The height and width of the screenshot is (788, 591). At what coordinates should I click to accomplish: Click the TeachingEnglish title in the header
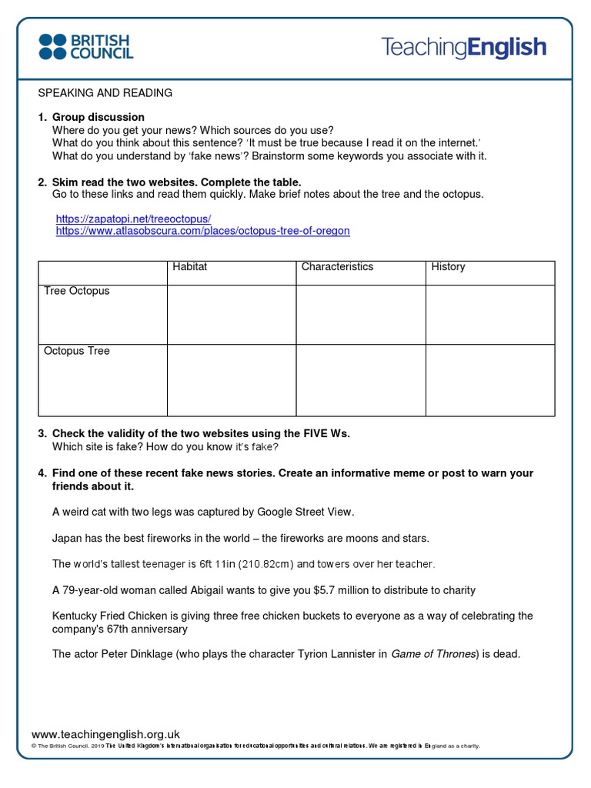point(463,48)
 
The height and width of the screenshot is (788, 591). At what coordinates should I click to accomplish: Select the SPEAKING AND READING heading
point(105,93)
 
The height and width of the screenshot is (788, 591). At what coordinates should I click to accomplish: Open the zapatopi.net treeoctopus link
point(133,219)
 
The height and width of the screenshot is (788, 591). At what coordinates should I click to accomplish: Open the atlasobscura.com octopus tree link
point(202,231)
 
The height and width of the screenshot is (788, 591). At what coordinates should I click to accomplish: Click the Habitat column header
point(190,267)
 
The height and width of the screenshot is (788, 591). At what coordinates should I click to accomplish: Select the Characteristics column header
point(337,267)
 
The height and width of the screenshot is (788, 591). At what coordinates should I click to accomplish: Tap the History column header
point(448,267)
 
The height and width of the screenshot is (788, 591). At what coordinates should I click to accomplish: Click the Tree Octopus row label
point(77,291)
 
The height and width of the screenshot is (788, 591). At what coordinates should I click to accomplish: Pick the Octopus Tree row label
point(77,351)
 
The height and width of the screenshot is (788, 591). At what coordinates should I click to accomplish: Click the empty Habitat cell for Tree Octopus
point(231,315)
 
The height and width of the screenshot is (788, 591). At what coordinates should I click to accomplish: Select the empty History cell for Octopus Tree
point(489,380)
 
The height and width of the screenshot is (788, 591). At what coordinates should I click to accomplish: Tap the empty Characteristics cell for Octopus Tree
point(360,380)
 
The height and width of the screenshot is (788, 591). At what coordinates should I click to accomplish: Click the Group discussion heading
point(98,118)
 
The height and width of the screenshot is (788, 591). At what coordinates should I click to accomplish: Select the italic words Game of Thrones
point(432,654)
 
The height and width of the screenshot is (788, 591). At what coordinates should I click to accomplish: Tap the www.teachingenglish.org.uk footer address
point(105,735)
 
